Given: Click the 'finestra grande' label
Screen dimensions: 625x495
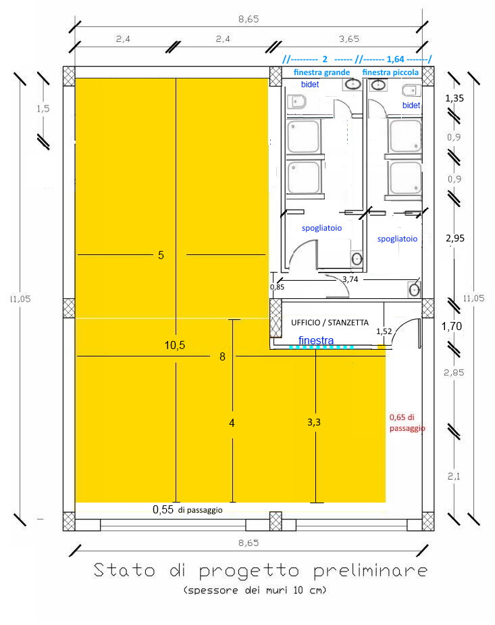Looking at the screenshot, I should point(321,72).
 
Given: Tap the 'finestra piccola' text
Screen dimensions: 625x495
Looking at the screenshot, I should point(390,72).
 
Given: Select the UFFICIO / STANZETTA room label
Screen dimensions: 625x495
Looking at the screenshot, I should point(330,323).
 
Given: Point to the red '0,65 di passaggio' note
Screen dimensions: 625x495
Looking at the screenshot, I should point(407,423).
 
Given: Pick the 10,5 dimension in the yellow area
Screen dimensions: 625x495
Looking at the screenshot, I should point(174,346).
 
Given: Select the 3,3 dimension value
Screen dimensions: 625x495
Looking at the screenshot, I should point(314,422).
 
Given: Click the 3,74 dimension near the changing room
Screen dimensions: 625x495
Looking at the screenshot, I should point(350,279).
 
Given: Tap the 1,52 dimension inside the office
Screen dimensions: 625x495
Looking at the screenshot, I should point(384,331).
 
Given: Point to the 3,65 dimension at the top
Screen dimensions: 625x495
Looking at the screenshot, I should point(348,40).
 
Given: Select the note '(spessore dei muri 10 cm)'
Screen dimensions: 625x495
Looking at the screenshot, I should point(254,591).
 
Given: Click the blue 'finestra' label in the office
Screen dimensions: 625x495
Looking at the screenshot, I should point(315,341).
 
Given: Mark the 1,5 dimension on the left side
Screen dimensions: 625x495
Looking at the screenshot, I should point(43,109).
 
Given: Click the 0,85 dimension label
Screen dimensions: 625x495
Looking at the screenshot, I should point(277,287).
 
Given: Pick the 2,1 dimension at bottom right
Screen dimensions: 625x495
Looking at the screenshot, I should point(454,477).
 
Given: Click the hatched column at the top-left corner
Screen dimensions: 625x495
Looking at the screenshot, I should point(69,74).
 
